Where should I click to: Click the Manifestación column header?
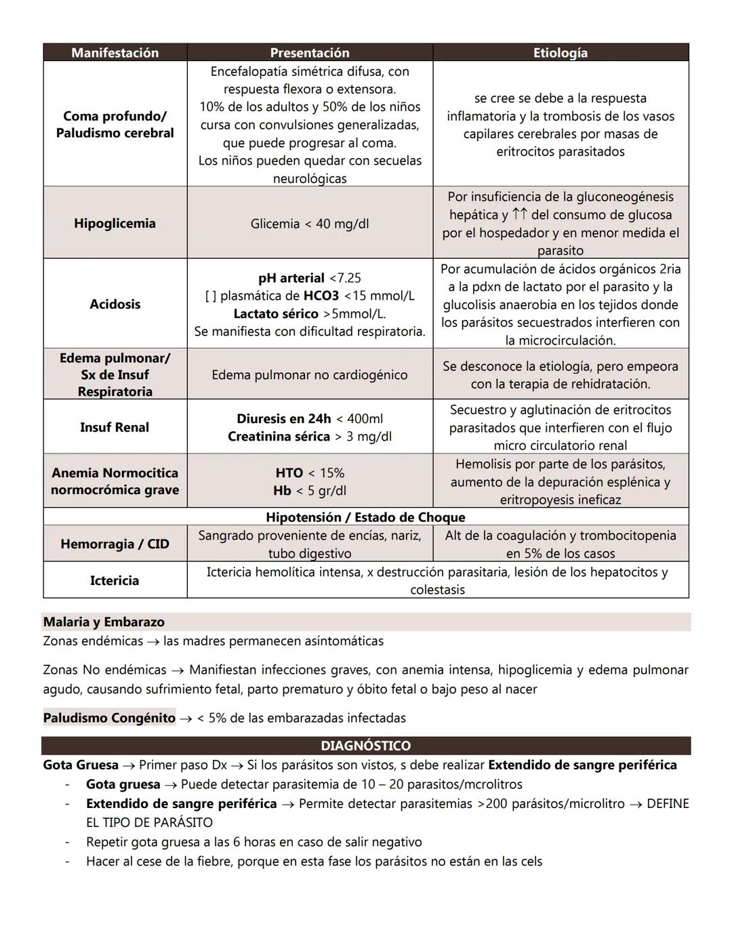pyautogui.click(x=115, y=53)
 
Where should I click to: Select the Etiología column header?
pyautogui.click(x=560, y=53)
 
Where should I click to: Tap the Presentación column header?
pyautogui.click(x=310, y=53)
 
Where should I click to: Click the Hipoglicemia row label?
pyautogui.click(x=115, y=223)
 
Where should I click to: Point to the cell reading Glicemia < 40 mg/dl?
pyautogui.click(x=310, y=224)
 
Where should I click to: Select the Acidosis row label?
pyautogui.click(x=115, y=304)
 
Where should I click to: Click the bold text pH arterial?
pyautogui.click(x=291, y=278)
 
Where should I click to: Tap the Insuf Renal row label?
pyautogui.click(x=115, y=427)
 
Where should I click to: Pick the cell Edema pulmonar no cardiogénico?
pyautogui.click(x=310, y=375)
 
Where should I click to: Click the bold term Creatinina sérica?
pyautogui.click(x=279, y=437)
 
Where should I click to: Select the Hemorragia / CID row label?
pyautogui.click(x=115, y=544)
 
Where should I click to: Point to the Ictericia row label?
pyautogui.click(x=115, y=580)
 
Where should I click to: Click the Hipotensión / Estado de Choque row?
pyautogui.click(x=365, y=517)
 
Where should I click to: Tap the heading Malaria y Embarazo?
pyautogui.click(x=104, y=622)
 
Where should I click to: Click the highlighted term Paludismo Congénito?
pyautogui.click(x=109, y=718)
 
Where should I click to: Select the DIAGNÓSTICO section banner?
pyautogui.click(x=365, y=746)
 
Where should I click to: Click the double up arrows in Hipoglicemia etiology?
pyautogui.click(x=520, y=215)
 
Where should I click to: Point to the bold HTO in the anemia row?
pyautogui.click(x=289, y=472)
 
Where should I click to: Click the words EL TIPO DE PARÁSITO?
pyautogui.click(x=149, y=822)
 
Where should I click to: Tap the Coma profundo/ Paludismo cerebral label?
pyautogui.click(x=115, y=124)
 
